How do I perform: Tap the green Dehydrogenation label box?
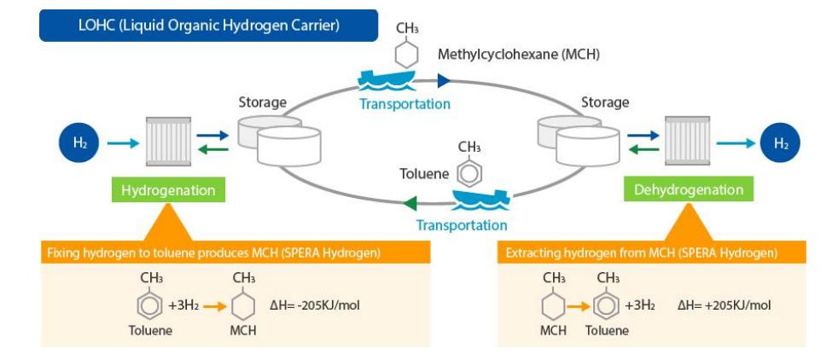(x=688, y=189)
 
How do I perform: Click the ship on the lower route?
(x=478, y=202)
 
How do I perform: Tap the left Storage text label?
(x=262, y=103)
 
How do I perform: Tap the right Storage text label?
(x=604, y=103)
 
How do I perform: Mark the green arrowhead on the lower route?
(x=411, y=203)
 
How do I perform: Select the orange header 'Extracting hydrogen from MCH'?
(x=641, y=253)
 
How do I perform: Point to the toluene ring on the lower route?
(x=469, y=174)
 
